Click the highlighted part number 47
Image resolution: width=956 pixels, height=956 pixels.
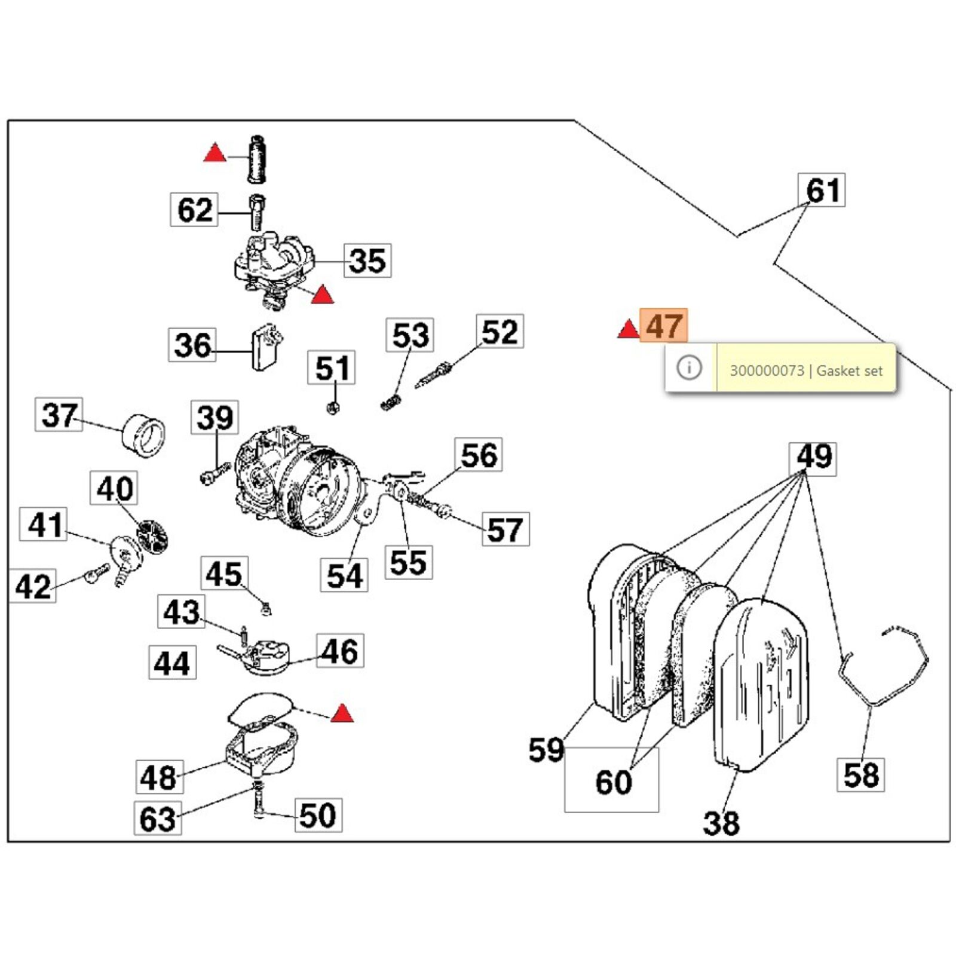coord(663,326)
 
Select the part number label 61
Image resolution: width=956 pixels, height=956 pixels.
coord(822,191)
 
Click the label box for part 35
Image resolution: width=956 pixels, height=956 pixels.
coord(367,261)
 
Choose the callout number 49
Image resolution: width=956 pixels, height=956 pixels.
coord(813,458)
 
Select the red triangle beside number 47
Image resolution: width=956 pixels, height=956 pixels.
coord(628,329)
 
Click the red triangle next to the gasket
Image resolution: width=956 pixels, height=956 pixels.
coord(342,713)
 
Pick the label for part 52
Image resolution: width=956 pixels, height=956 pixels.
coord(500,332)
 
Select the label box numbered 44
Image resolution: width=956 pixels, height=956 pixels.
coord(172,663)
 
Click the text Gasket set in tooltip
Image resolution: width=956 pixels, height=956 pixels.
coord(849,370)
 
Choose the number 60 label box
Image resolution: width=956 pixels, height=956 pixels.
coord(612,781)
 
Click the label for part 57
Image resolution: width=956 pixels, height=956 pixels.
coord(505,529)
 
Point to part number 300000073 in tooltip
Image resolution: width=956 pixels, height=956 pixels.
coord(767,370)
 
